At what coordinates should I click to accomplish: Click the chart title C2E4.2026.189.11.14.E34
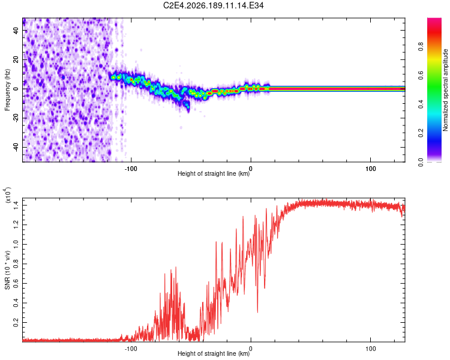point(213,5)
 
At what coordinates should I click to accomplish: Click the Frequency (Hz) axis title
point(7,90)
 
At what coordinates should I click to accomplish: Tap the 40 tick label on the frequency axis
point(16,30)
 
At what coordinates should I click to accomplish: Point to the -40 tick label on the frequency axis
point(16,147)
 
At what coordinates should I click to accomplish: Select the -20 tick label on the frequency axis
point(16,118)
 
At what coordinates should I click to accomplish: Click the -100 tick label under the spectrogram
point(131,169)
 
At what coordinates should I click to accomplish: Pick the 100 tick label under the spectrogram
point(371,169)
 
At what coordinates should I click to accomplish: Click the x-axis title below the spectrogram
point(214,173)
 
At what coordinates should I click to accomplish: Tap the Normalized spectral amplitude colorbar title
point(445,90)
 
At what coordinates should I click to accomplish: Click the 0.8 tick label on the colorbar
point(421,47)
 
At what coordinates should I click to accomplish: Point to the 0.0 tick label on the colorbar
point(421,162)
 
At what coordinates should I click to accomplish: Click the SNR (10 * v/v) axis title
point(7,270)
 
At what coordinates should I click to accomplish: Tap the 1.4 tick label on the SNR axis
point(16,206)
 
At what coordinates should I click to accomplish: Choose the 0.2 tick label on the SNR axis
point(16,322)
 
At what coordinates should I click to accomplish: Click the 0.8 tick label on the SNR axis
point(16,264)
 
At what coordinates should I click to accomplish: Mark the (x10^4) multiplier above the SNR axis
point(8,195)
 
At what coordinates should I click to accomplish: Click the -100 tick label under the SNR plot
point(131,349)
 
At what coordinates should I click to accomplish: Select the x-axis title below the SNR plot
point(214,353)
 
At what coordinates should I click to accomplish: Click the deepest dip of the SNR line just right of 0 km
point(257,312)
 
